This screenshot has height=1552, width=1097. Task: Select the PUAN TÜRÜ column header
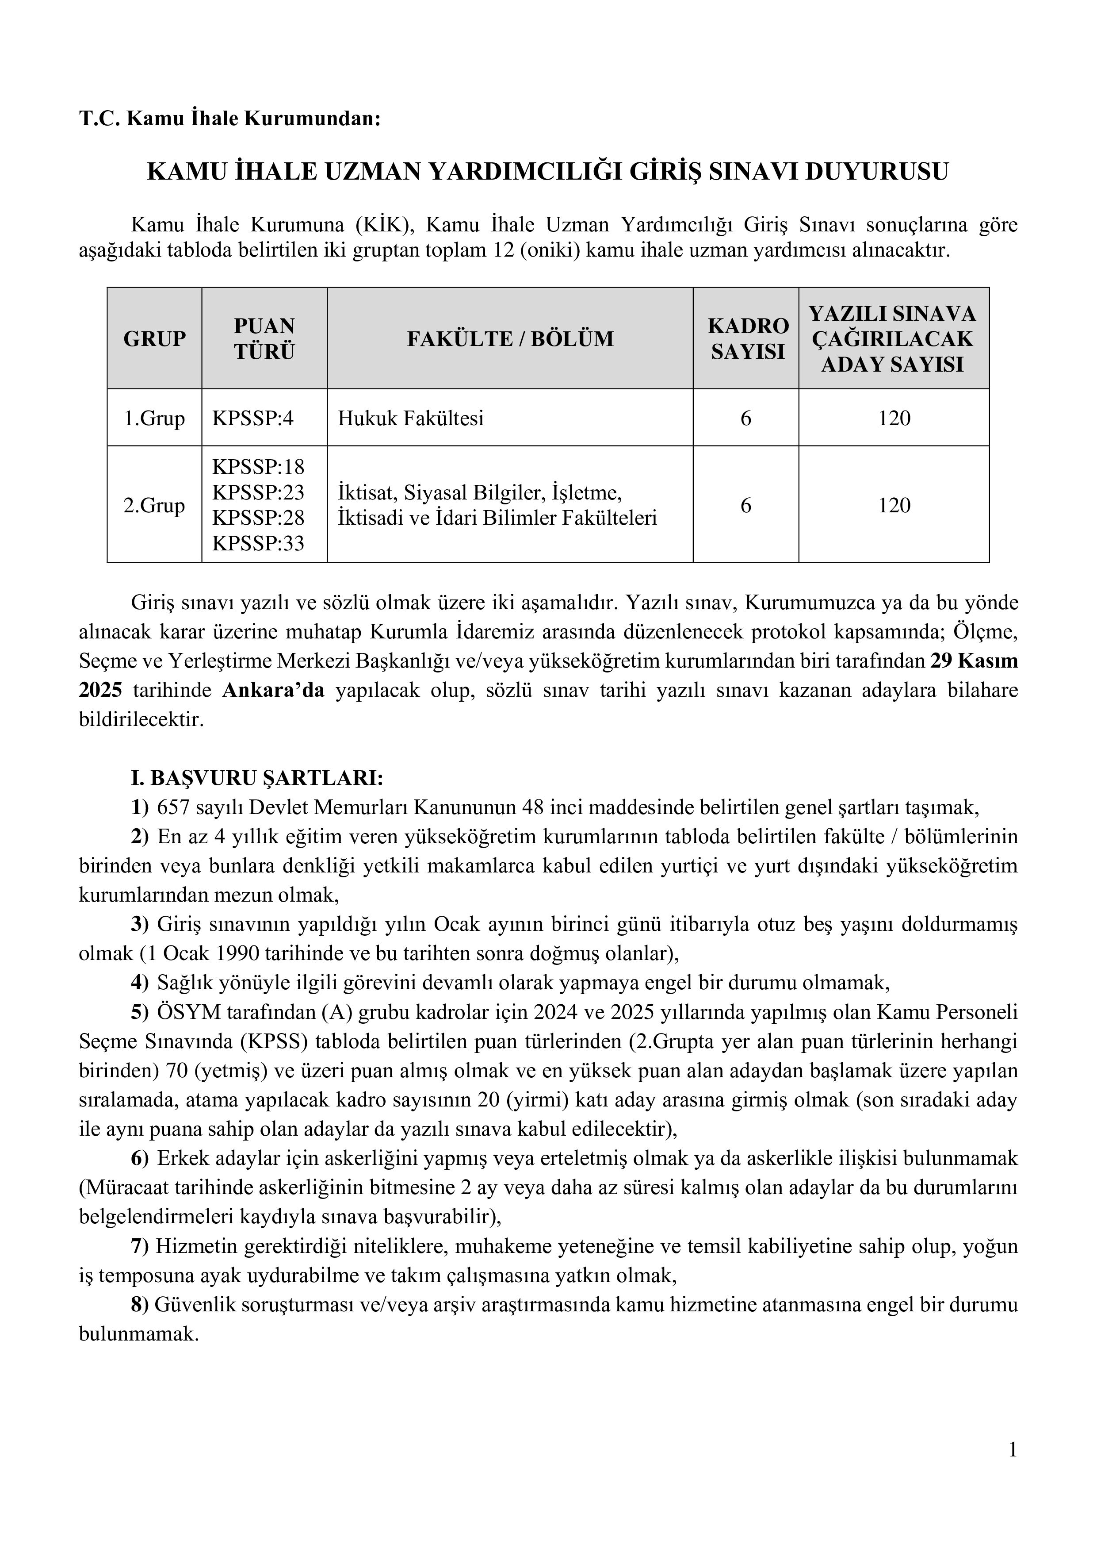(264, 338)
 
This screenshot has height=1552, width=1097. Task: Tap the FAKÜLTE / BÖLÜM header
(510, 338)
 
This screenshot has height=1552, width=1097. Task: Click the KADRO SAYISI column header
(748, 338)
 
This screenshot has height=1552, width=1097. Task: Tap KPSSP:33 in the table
(258, 543)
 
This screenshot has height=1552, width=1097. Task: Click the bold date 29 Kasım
(973, 661)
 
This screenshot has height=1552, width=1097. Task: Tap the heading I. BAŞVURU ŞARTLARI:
(257, 778)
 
